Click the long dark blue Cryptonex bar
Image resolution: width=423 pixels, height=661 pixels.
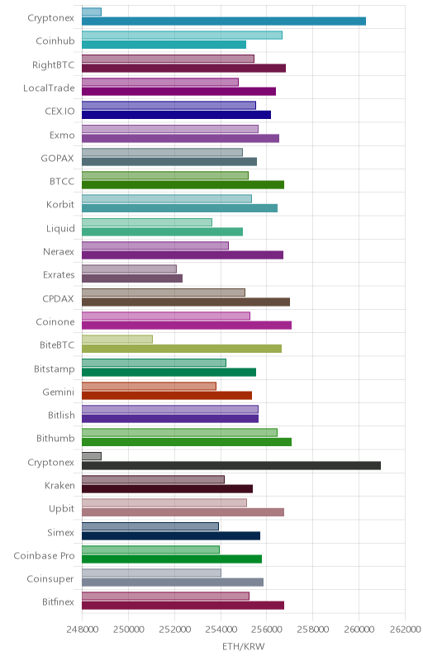(x=224, y=21)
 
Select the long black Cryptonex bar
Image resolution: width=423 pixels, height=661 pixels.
(x=231, y=465)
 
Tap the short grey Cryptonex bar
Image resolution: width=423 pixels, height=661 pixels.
(x=92, y=456)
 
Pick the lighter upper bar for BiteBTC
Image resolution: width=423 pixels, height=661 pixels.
(x=117, y=340)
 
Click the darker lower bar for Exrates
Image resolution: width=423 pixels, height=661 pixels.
(x=132, y=278)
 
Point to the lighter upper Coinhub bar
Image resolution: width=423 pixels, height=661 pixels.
(x=182, y=36)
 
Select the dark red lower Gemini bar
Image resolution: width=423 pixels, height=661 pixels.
(x=167, y=396)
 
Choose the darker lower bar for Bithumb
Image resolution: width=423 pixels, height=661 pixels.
(x=187, y=442)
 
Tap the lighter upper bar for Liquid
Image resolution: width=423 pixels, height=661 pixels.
(x=147, y=222)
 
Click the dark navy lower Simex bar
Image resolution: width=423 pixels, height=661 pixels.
(x=171, y=535)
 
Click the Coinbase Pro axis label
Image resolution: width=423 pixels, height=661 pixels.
(x=44, y=555)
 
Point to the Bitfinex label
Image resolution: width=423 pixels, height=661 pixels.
(x=58, y=602)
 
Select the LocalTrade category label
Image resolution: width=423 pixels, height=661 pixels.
(x=49, y=88)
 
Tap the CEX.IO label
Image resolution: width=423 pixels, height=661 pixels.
(x=59, y=112)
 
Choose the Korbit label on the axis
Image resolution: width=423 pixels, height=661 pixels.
(x=60, y=204)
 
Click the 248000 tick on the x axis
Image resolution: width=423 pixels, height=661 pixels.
(x=82, y=630)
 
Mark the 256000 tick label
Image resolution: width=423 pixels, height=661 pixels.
(x=267, y=630)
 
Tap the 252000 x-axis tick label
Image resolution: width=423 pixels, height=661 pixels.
(x=174, y=630)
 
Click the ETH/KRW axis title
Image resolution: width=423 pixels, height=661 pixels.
(x=244, y=647)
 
